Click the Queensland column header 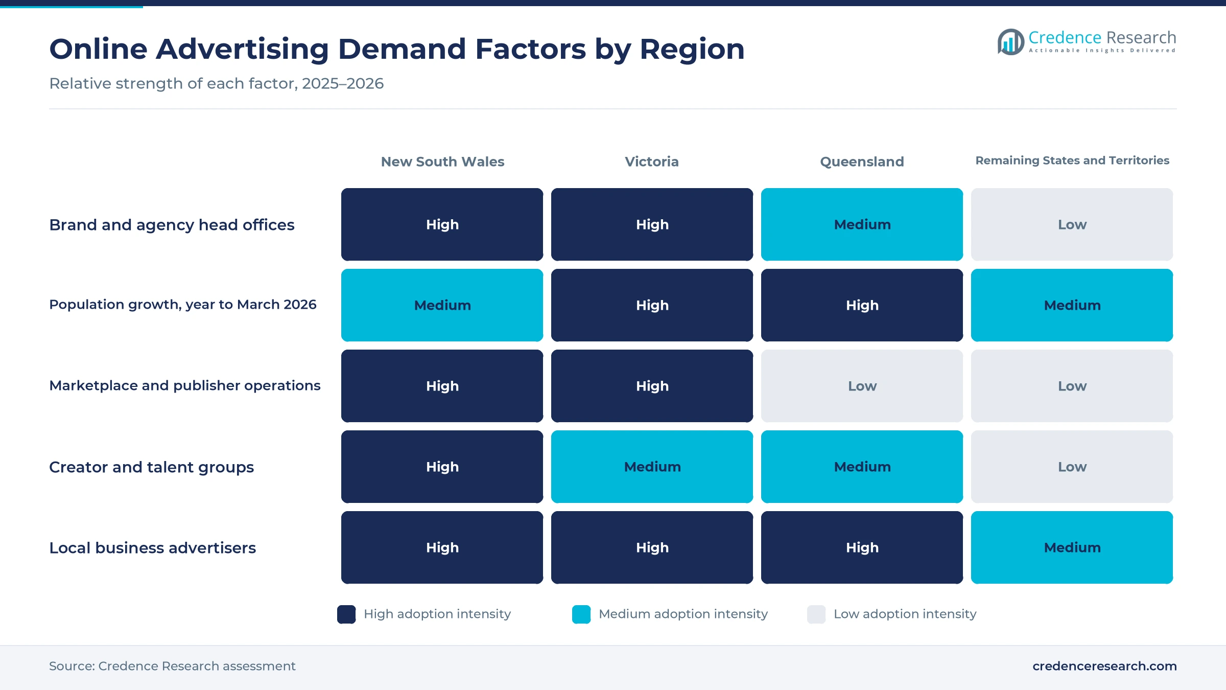tap(862, 162)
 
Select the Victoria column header tap(652, 162)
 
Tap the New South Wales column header tap(442, 162)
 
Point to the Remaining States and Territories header tap(1072, 160)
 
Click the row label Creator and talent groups tap(151, 467)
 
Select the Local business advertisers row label tap(152, 548)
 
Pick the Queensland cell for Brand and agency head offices tap(862, 224)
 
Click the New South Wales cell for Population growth tap(442, 305)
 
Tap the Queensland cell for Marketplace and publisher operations tap(862, 386)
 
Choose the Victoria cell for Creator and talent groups tap(652, 467)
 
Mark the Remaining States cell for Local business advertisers tap(1072, 547)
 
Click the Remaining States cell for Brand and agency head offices tap(1072, 224)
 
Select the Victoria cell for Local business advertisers tap(652, 547)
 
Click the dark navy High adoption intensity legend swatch tap(346, 614)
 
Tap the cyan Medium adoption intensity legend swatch tap(581, 614)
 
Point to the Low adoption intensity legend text tap(905, 614)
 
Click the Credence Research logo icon tap(1010, 42)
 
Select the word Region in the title tap(692, 50)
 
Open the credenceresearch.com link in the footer tap(1104, 666)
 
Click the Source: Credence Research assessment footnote tap(172, 666)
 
